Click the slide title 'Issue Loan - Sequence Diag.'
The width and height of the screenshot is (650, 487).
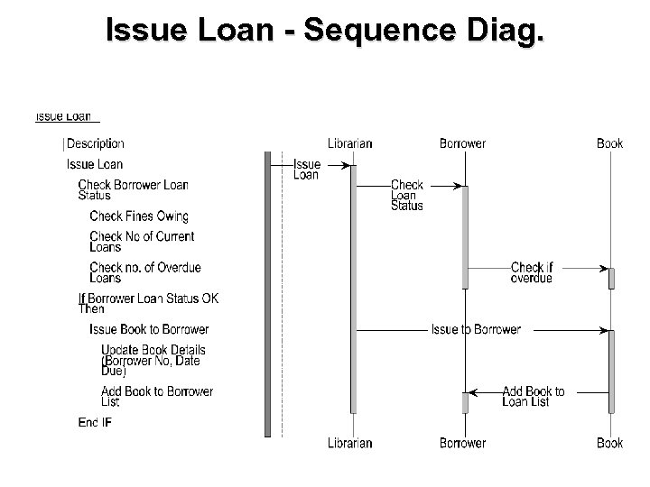click(x=325, y=31)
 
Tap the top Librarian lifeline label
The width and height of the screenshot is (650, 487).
click(x=349, y=143)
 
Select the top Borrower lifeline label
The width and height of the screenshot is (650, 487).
click(x=462, y=143)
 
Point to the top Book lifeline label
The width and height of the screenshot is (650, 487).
click(x=609, y=143)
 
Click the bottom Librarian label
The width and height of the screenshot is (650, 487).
click(x=349, y=443)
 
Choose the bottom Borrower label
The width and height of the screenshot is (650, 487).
click(x=462, y=443)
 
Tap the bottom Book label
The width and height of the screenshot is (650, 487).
click(x=609, y=443)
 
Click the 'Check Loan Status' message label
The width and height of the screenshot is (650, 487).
click(x=407, y=195)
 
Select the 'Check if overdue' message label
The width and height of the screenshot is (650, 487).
click(x=532, y=272)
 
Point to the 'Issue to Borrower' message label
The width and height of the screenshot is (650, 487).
click(x=476, y=329)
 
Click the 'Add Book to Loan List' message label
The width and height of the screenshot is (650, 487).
click(x=533, y=397)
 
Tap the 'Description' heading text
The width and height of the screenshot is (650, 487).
click(x=96, y=143)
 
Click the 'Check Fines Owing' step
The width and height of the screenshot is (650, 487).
click(x=139, y=216)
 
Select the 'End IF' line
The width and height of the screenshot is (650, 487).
click(x=95, y=422)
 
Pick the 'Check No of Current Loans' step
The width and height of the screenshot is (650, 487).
click(x=142, y=242)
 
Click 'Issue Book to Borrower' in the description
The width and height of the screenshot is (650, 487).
click(x=149, y=329)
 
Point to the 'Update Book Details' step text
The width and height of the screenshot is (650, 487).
click(x=153, y=350)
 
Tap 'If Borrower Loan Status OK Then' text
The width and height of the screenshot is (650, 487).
click(x=148, y=303)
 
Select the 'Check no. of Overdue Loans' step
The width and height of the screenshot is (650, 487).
click(x=144, y=272)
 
